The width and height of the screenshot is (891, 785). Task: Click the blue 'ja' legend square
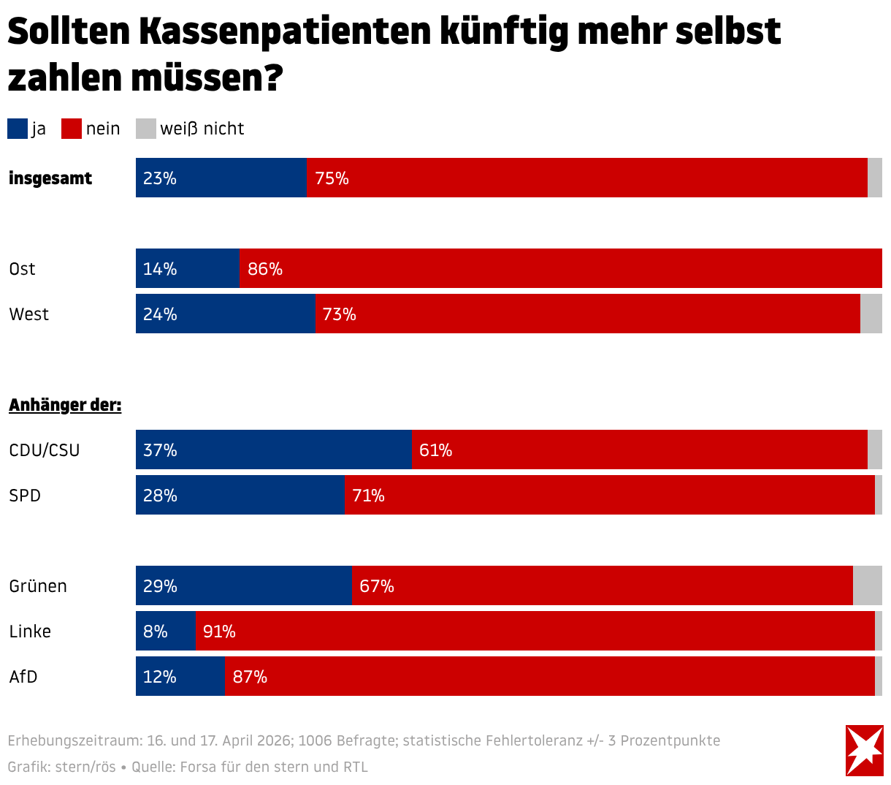18,129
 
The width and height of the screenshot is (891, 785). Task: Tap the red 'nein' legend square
72,129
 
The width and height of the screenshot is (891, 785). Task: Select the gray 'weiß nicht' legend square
145,129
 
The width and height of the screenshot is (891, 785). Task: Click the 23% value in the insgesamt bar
160,178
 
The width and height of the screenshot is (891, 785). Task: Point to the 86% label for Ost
265,269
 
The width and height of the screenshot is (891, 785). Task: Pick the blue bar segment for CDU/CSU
274,450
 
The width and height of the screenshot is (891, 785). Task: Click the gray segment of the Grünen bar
867,585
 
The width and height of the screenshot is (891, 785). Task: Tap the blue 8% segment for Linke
165,631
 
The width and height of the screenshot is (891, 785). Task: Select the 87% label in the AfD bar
250,677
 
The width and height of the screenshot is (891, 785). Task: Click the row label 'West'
29,314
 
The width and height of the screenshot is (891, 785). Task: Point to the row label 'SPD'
25,496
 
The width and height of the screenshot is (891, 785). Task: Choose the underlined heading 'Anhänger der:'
65,405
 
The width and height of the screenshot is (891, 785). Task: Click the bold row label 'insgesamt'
50,178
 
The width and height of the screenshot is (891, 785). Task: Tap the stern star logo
864,750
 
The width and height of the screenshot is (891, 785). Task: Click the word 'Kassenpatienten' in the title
285,31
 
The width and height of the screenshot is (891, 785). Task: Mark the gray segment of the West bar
871,314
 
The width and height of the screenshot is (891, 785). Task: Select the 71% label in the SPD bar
369,496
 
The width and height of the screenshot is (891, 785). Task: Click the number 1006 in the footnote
315,740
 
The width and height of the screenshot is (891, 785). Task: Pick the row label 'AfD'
23,677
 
